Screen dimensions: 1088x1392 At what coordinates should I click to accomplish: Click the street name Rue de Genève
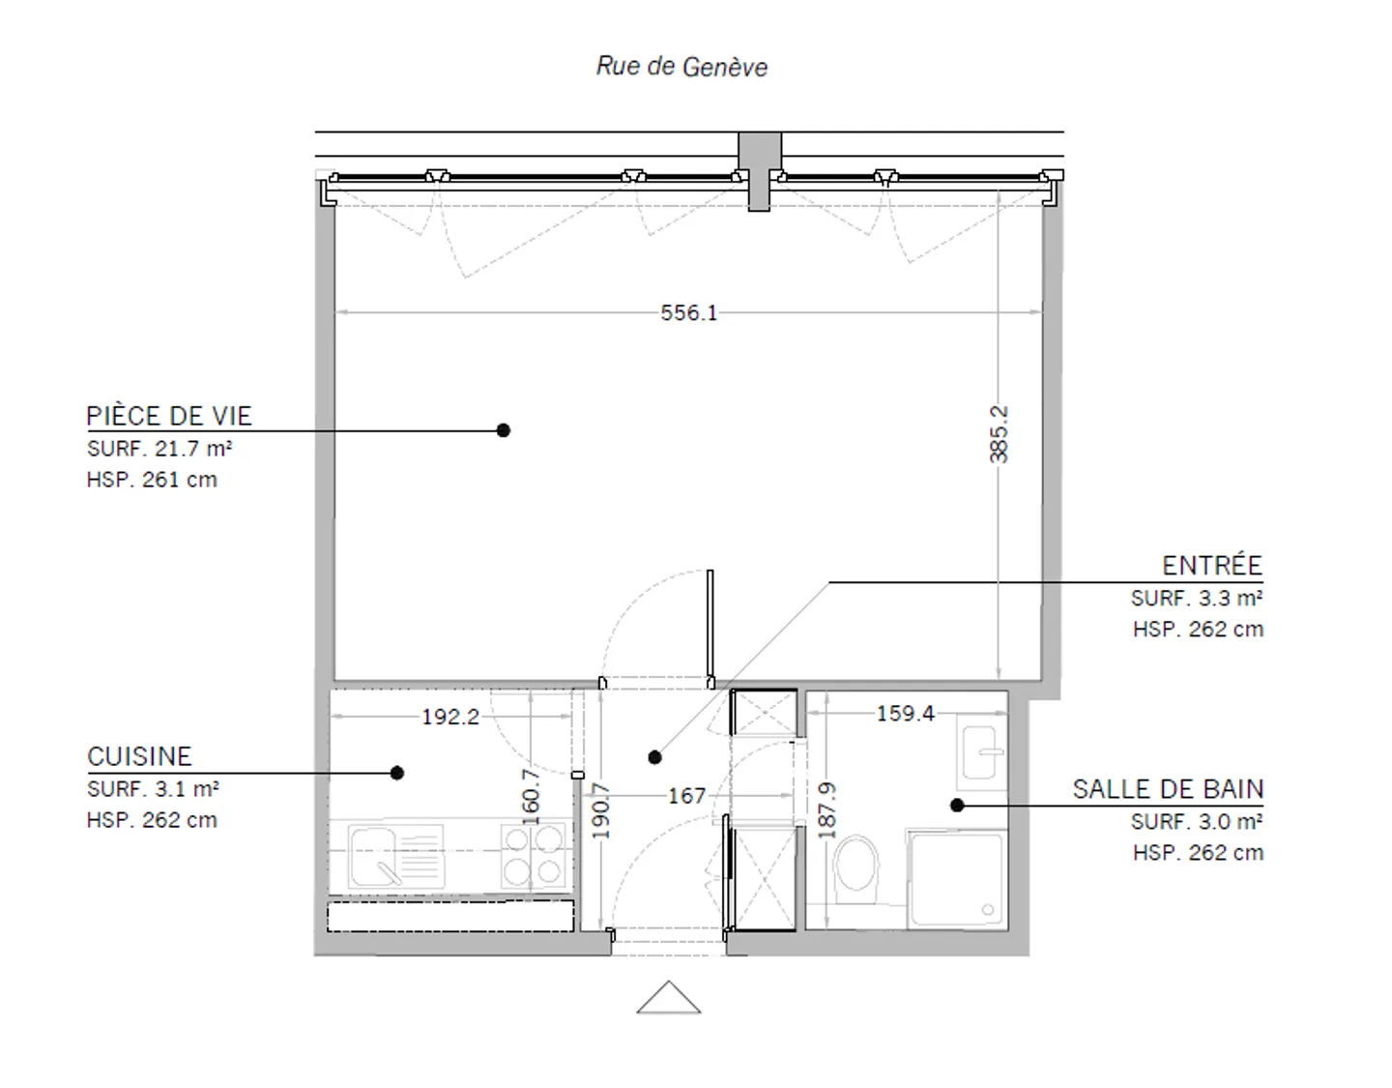click(681, 67)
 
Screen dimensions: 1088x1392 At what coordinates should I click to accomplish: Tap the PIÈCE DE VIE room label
click(169, 416)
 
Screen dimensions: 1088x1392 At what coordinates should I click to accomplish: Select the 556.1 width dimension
click(688, 312)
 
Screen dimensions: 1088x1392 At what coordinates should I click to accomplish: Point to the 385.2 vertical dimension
click(1000, 434)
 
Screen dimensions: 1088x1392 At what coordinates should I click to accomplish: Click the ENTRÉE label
click(1211, 566)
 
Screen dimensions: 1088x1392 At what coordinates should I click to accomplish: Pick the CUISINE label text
click(139, 756)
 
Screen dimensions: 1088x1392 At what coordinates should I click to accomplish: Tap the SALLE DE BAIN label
click(1168, 789)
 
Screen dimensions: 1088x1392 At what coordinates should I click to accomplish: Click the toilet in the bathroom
click(855, 864)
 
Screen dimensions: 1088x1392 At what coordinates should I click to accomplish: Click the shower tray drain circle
click(987, 910)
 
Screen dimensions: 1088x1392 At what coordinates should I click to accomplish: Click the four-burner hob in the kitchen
click(534, 855)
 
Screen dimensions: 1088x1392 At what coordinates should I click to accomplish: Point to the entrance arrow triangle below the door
click(668, 998)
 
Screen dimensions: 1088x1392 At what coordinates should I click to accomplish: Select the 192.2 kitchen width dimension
click(450, 717)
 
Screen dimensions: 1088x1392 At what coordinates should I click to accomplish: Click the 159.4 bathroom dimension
click(905, 713)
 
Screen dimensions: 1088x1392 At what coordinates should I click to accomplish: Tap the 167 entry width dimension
click(686, 796)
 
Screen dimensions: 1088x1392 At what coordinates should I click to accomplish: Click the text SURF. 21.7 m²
click(159, 449)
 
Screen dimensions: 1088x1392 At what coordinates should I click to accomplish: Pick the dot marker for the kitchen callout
click(397, 773)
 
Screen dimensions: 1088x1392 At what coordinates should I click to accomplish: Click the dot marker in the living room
click(503, 430)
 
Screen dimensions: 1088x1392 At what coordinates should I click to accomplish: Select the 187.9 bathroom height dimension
click(826, 806)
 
